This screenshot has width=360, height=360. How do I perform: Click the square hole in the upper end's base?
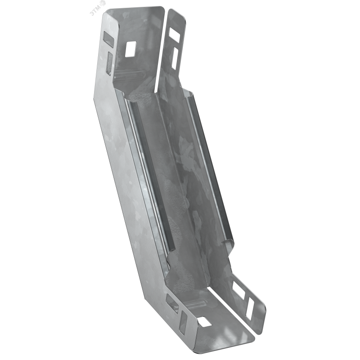[x=130, y=49]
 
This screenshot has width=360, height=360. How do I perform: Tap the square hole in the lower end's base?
[x=205, y=322]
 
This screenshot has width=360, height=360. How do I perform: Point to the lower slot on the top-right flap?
[x=175, y=58]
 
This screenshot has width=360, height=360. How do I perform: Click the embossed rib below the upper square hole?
[x=130, y=75]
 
